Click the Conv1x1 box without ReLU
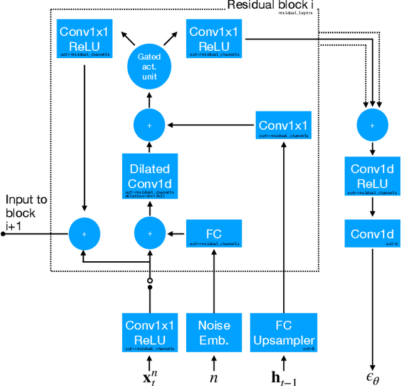[x=283, y=126]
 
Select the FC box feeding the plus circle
[x=214, y=234]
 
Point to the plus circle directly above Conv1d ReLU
[x=372, y=125]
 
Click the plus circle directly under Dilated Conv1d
[x=150, y=234]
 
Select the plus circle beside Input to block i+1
[x=85, y=234]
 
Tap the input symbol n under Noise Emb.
[x=214, y=377]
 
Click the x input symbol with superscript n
[x=150, y=377]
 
